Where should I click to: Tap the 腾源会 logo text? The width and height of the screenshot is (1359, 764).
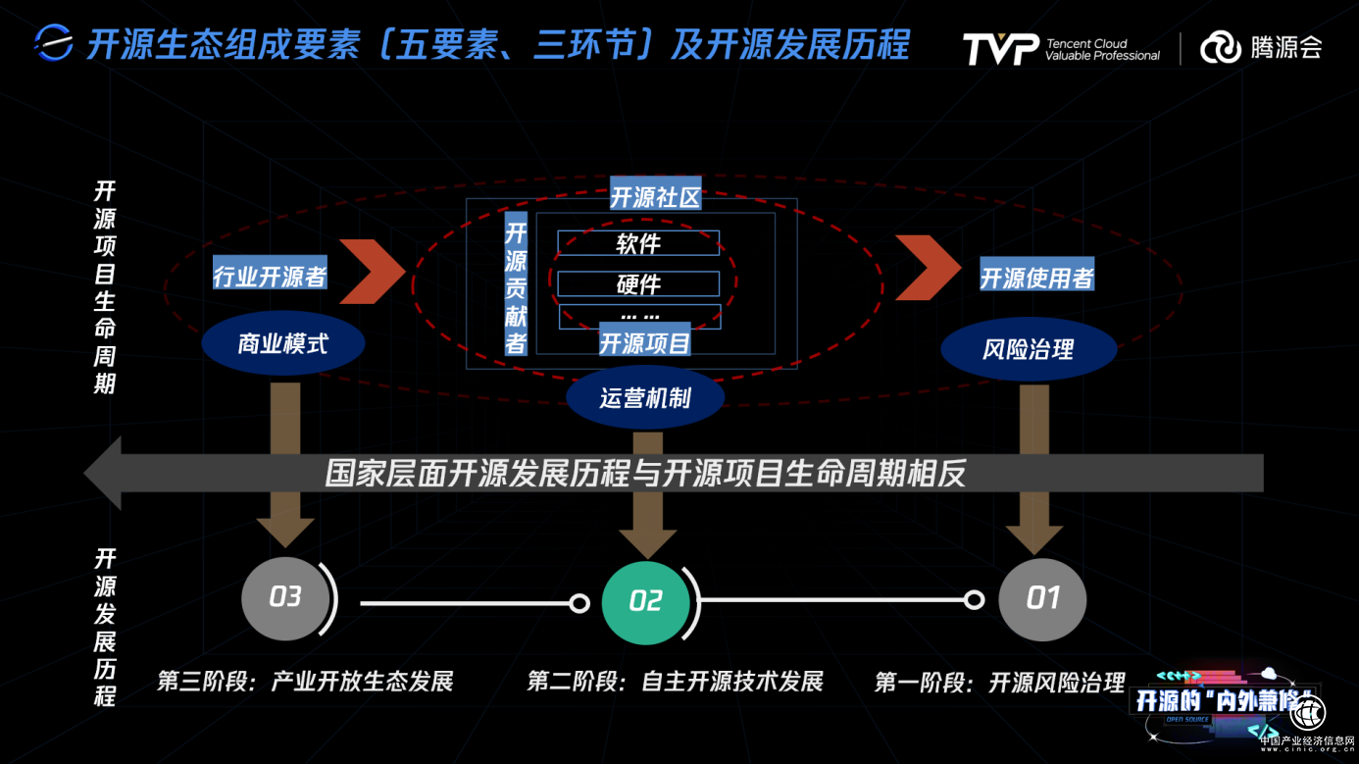coord(1285,47)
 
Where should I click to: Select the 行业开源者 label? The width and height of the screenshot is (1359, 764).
coord(270,277)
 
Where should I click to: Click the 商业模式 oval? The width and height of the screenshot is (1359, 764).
coord(282,344)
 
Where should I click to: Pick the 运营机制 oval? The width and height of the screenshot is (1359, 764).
coord(645,397)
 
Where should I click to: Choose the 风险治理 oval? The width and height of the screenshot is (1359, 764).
coord(1028,349)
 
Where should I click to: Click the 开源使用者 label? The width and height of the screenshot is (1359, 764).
coord(1036,278)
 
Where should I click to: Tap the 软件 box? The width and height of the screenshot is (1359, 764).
coord(638,243)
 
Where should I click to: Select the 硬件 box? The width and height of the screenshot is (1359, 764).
coord(638,284)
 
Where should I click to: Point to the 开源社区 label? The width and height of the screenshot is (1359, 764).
coord(655,196)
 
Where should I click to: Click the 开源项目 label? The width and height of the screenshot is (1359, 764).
coord(644,342)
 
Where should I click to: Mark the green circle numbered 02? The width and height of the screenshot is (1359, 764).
coord(645,601)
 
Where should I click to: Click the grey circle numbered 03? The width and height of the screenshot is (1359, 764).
coord(285,597)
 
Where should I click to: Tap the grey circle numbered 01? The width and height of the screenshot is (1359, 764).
coord(1042,598)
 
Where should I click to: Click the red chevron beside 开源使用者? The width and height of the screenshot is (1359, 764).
coord(928,266)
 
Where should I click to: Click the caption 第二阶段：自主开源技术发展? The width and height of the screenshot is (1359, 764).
coord(675,681)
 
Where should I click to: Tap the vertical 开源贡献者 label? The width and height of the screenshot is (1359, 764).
coord(516,286)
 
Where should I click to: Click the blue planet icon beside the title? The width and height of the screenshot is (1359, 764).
coord(54,43)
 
